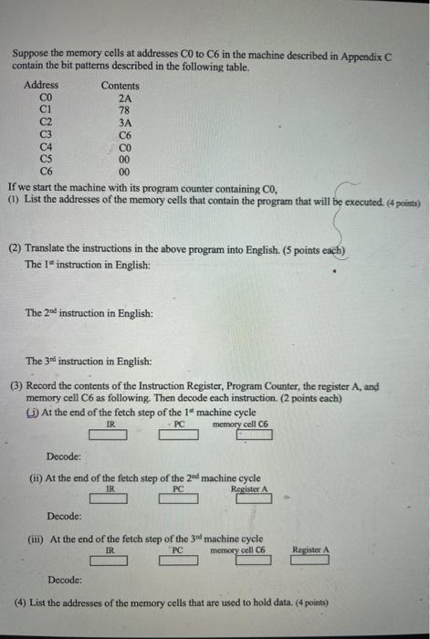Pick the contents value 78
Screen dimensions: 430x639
coord(126,108)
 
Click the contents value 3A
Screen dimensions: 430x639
coord(126,120)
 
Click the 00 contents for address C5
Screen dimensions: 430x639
coord(126,157)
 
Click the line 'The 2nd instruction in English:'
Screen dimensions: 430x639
coord(89,313)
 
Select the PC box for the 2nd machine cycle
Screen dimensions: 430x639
coord(179,500)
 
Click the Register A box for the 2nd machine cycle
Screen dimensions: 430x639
coord(252,500)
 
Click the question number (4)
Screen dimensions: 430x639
coord(20,603)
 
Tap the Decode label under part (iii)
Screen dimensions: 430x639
coord(63,580)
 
